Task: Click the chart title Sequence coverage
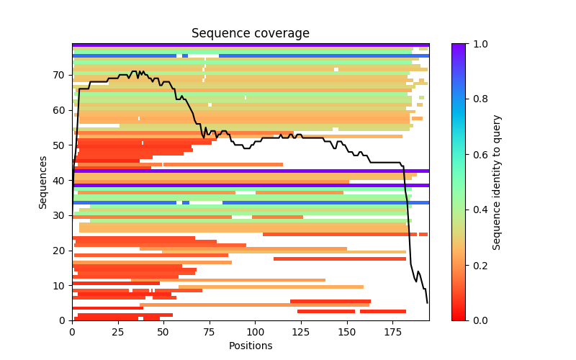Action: (250, 34)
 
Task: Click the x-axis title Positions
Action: (250, 346)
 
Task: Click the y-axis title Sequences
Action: (43, 181)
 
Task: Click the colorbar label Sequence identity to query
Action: (497, 181)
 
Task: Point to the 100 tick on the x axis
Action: (256, 320)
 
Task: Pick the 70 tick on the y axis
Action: (72, 75)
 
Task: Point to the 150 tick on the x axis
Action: (347, 320)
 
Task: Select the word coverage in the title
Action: (281, 34)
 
